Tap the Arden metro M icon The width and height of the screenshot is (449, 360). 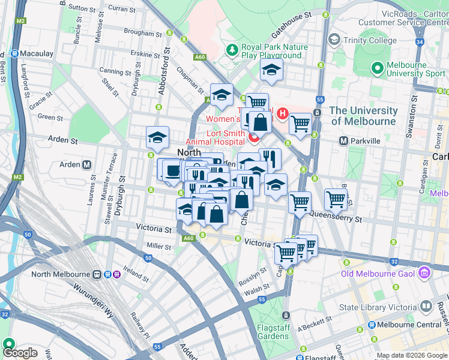tap(87, 164)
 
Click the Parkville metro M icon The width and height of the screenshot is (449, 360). tap(344, 141)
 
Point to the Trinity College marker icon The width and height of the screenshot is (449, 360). tap(334, 40)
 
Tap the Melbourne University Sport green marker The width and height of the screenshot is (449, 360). tap(378, 68)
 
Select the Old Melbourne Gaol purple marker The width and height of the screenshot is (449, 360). tap(424, 274)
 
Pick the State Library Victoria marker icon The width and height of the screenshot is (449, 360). tap(426, 307)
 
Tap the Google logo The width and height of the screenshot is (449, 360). tap(20, 353)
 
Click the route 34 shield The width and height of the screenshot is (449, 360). tap(420, 42)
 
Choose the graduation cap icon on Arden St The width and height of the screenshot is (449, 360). tap(158, 137)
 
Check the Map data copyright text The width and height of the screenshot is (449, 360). tap(412, 355)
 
